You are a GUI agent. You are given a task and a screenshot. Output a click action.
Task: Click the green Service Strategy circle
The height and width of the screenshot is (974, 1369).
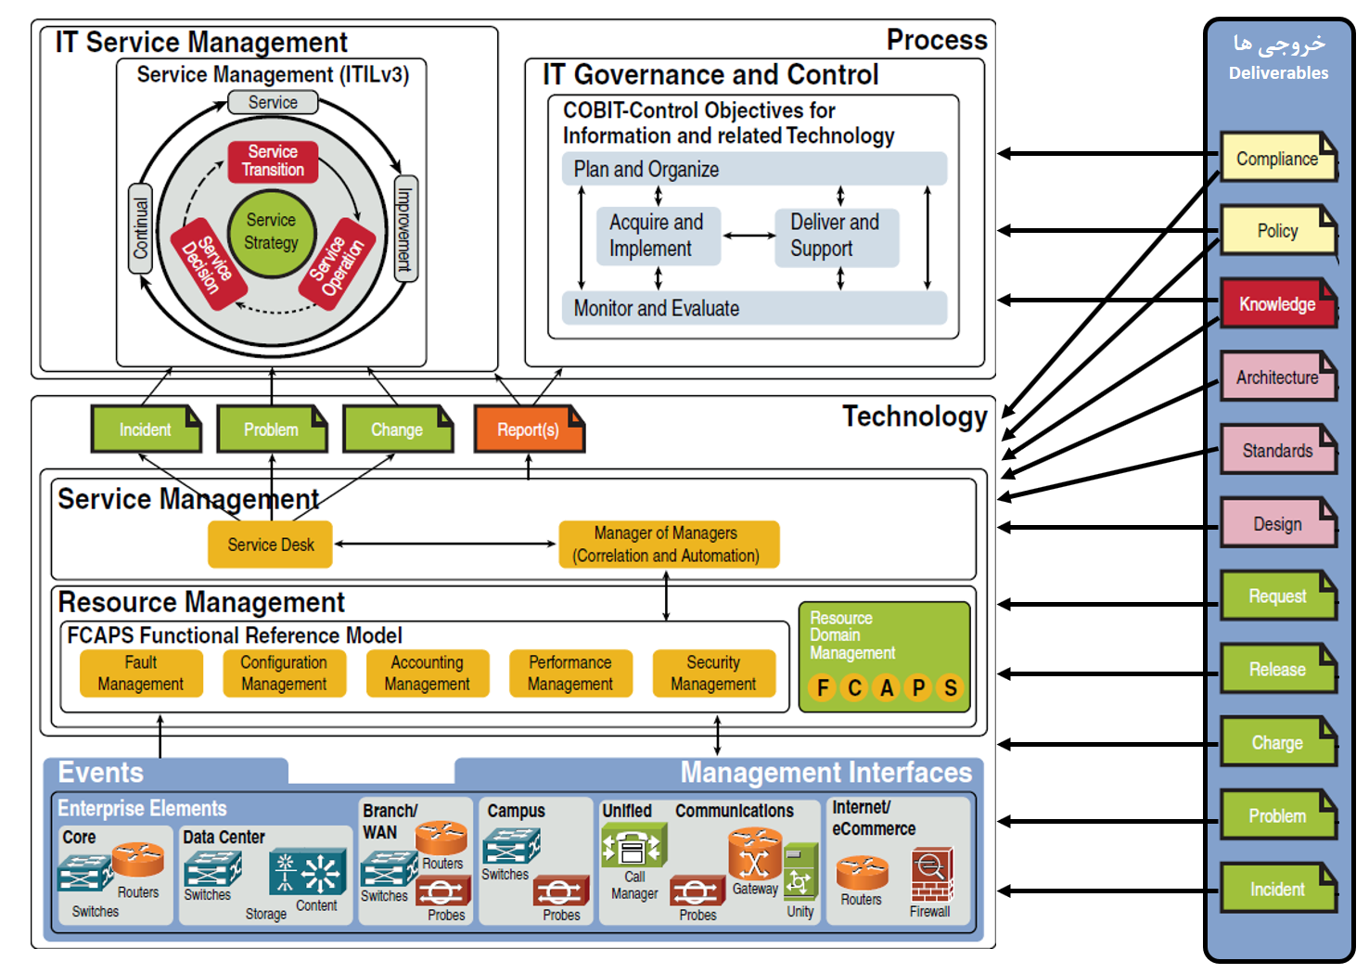[x=272, y=233]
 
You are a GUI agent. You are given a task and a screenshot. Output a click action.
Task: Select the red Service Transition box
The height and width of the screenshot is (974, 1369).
[x=273, y=161]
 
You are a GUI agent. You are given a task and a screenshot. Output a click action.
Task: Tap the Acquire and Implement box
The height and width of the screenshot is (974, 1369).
[x=658, y=236]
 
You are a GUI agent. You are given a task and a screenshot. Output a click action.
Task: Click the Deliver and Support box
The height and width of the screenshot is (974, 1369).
[x=836, y=236]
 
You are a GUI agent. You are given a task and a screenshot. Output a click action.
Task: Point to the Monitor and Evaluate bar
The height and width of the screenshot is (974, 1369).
[x=753, y=308]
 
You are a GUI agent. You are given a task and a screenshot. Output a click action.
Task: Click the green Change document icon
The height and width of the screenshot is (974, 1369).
[x=397, y=429]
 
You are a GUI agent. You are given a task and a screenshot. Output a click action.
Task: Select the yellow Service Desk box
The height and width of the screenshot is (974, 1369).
[x=271, y=545]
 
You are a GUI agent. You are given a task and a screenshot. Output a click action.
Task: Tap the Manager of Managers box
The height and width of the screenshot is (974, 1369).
[x=668, y=545]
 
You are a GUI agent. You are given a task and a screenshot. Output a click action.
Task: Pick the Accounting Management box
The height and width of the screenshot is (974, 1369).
[x=428, y=673]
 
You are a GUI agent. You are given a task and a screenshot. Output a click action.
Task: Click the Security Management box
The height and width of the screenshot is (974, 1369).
[x=713, y=673]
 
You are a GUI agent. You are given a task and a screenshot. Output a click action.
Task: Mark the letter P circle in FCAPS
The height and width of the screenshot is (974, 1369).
[x=918, y=688]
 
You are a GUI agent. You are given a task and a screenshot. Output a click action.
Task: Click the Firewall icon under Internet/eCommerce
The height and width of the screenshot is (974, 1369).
[x=931, y=877]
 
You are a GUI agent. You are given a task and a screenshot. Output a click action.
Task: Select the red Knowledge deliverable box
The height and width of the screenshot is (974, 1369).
[x=1278, y=304]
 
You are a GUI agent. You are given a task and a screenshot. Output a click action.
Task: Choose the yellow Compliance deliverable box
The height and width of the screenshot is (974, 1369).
[x=1277, y=158]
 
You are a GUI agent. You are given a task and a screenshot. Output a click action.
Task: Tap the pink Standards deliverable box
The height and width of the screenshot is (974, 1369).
[x=1277, y=451]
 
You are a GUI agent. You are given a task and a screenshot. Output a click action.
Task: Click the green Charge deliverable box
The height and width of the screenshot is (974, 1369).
[x=1277, y=742]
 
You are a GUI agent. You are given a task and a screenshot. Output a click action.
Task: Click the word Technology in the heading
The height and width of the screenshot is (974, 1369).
[x=915, y=417]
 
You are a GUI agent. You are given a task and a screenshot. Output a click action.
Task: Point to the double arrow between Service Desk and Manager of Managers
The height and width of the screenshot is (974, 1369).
[x=445, y=544]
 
